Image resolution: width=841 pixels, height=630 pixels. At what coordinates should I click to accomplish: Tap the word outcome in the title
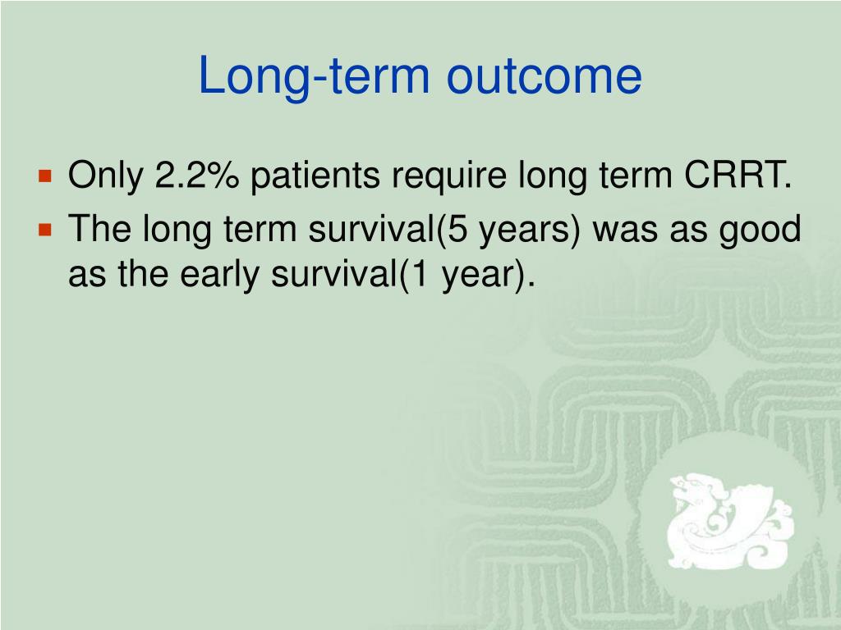coord(544,76)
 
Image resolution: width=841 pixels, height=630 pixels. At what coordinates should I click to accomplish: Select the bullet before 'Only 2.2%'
coord(46,176)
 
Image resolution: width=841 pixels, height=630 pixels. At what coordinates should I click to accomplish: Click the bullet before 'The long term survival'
coord(46,230)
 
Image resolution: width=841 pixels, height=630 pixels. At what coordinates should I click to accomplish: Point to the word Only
coord(106,176)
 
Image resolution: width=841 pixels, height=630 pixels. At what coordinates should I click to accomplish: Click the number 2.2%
coord(196,175)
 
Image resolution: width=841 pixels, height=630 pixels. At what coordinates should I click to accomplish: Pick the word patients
coord(315,176)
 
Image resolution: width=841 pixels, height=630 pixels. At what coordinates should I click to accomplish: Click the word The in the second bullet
coord(99,228)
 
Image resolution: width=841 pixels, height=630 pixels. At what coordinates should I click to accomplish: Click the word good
coord(760,231)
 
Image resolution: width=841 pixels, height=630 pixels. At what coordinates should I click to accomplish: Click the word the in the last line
coord(143,273)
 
